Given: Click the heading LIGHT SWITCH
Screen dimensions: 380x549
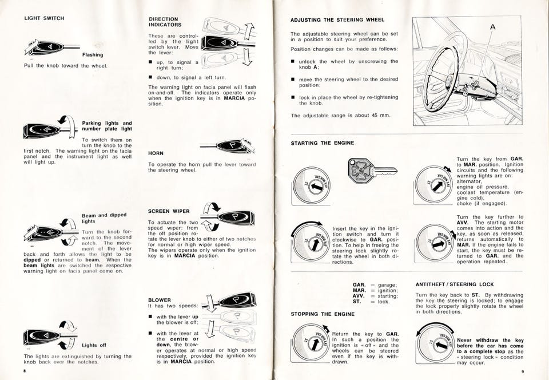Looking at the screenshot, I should click(x=43, y=18).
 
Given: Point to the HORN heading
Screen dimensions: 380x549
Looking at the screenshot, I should click(x=156, y=153).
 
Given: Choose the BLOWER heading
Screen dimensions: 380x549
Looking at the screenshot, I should click(x=160, y=299).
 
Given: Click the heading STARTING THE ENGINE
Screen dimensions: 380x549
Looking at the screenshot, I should click(x=323, y=142).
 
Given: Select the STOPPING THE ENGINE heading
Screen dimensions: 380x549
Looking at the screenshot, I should click(x=323, y=314).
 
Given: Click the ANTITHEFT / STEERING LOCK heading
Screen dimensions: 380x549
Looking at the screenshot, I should click(x=454, y=284).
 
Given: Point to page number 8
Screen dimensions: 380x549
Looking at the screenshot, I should click(x=25, y=371).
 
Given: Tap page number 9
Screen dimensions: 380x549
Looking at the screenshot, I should click(x=523, y=371).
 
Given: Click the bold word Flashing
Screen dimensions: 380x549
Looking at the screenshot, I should click(x=93, y=55).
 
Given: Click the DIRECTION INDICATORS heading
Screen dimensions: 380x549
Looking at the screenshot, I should click(x=165, y=22).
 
